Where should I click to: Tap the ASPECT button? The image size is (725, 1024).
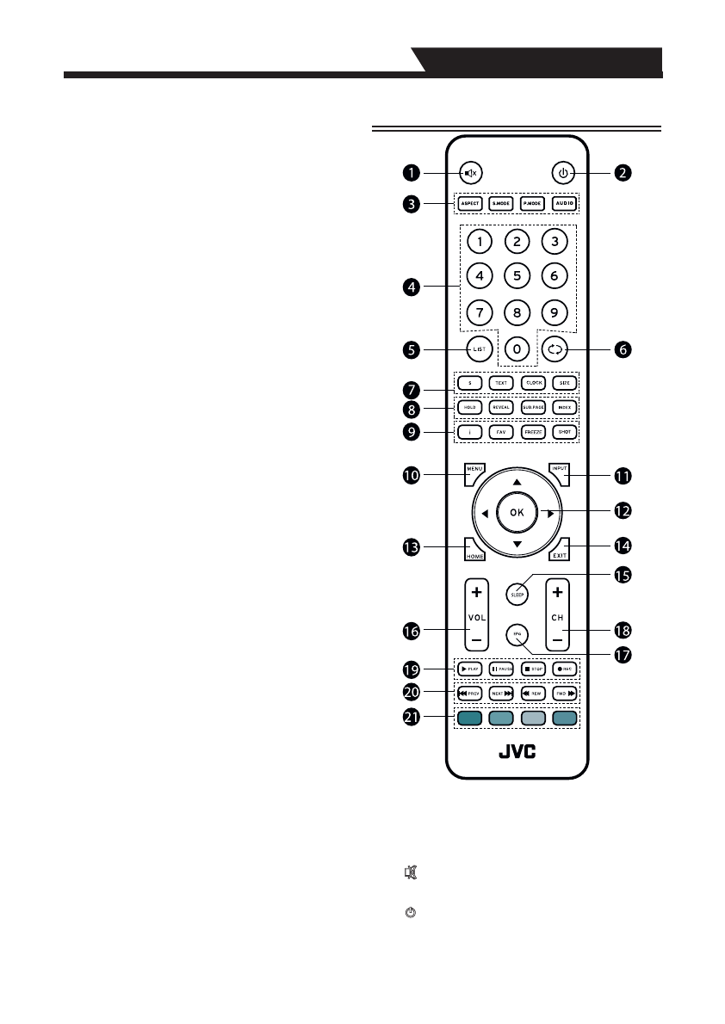[x=469, y=204]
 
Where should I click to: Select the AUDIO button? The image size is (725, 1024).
[x=563, y=204]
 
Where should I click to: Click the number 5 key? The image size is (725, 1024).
[x=517, y=276]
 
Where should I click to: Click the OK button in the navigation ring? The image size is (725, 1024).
[x=517, y=512]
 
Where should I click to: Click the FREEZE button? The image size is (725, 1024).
[x=533, y=431]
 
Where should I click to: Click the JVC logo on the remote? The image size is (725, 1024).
[x=517, y=751]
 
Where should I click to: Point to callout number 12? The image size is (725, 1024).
[x=622, y=510]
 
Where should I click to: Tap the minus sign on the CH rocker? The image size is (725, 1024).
[x=557, y=640]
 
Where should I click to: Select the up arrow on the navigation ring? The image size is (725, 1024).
[x=517, y=483]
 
